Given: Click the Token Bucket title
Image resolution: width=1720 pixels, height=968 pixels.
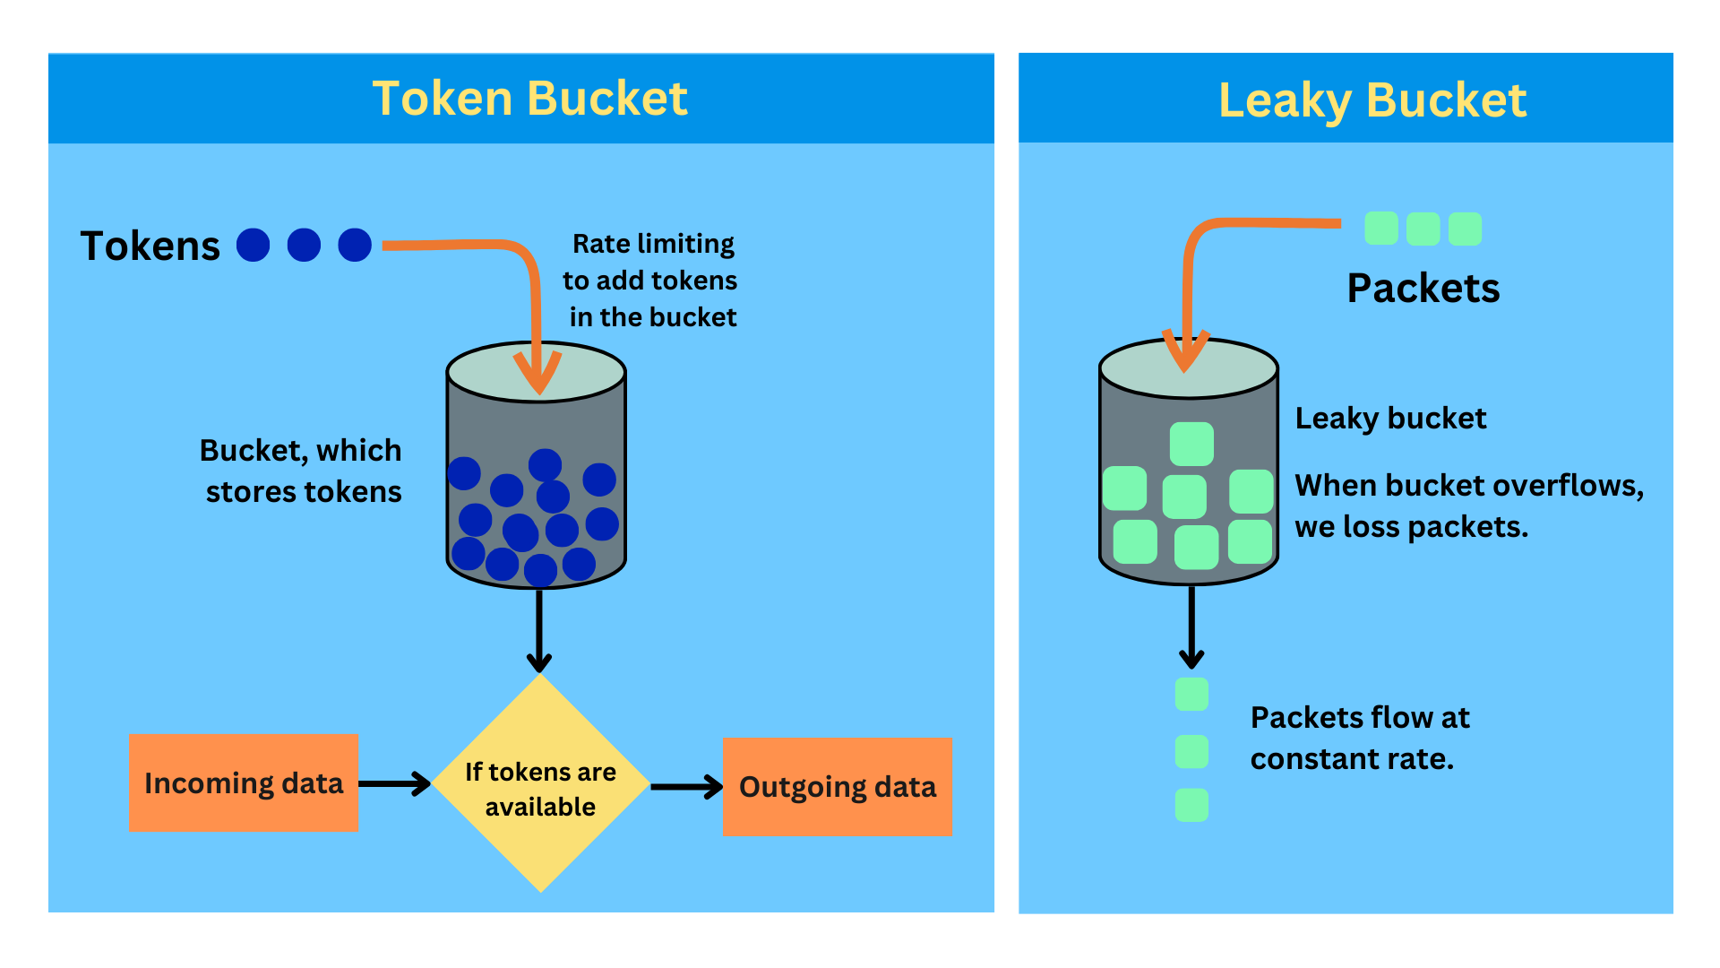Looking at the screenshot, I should pos(529,99).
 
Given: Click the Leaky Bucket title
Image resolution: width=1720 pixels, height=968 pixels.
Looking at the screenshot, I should pos(1372,100).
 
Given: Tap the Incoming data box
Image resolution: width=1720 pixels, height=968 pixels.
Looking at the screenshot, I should pos(243,783).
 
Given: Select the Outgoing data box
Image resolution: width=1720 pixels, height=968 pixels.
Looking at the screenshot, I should pos(837,787).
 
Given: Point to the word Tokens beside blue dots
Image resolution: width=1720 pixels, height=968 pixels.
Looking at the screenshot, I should pos(150,246).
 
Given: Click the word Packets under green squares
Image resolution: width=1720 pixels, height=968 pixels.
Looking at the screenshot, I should pos(1423,289).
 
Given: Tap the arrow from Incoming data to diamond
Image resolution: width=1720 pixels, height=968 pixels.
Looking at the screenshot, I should pos(394,783).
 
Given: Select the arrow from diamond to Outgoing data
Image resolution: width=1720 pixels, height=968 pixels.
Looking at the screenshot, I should pos(686,787).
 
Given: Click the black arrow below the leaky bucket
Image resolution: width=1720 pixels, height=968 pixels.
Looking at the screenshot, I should pos(1191,627).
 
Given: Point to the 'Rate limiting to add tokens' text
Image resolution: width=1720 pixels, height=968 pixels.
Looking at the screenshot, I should pos(651,281).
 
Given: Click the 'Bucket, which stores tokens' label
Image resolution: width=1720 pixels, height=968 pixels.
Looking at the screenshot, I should pos(301,471).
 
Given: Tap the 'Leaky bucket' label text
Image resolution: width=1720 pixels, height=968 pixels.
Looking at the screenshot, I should pos(1390,419).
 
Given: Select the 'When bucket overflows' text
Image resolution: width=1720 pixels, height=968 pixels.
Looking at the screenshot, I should pos(1468,506).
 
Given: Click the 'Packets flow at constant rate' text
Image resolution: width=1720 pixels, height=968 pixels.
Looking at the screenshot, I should pos(1360,738).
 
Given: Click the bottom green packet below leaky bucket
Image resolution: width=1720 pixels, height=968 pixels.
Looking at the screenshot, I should pos(1191,805).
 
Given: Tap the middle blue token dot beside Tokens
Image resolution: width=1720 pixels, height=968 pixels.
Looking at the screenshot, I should pos(304,245).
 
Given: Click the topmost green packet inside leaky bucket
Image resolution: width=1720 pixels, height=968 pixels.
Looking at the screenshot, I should pos(1191,444).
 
